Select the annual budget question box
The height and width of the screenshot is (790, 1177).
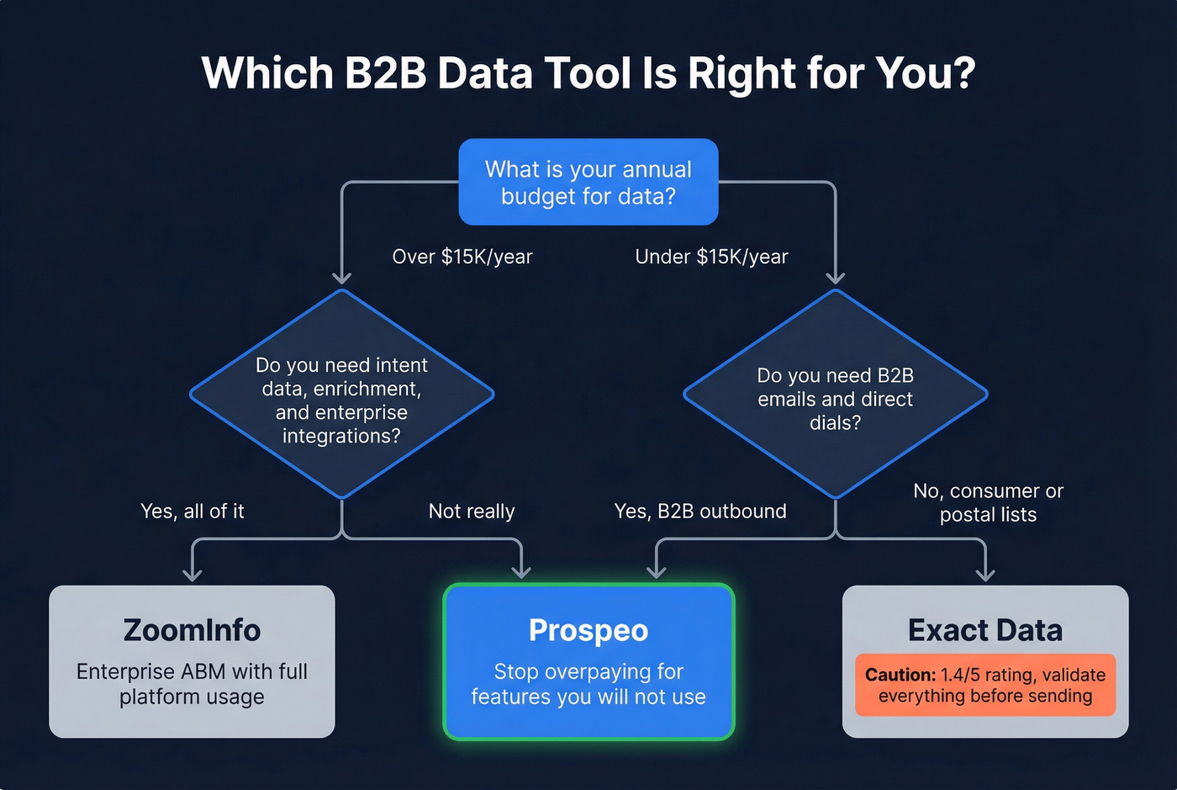pyautogui.click(x=588, y=183)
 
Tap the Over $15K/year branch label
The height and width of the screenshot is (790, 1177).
pyautogui.click(x=462, y=257)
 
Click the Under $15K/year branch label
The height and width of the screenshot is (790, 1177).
pyautogui.click(x=711, y=257)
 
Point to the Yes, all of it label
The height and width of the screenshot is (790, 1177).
pyautogui.click(x=193, y=512)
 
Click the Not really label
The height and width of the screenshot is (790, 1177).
pyautogui.click(x=472, y=512)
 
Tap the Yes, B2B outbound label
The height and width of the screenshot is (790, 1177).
pyautogui.click(x=700, y=512)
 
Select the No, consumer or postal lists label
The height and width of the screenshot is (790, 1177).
pyautogui.click(x=988, y=502)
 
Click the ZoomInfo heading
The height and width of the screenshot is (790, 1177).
pyautogui.click(x=192, y=630)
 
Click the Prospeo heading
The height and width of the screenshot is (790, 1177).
pyautogui.click(x=588, y=630)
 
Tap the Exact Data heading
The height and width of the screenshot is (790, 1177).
pyautogui.click(x=985, y=630)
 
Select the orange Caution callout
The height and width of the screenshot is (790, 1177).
pyautogui.click(x=985, y=685)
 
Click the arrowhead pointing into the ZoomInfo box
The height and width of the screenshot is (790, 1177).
pyautogui.click(x=193, y=575)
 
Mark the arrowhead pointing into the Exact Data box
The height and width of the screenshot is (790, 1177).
pyautogui.click(x=985, y=575)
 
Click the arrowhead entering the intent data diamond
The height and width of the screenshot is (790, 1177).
pyautogui.click(x=341, y=278)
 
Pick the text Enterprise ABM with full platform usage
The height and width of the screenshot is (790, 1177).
pyautogui.click(x=192, y=684)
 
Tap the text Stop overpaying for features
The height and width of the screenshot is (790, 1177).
pyautogui.click(x=588, y=684)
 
